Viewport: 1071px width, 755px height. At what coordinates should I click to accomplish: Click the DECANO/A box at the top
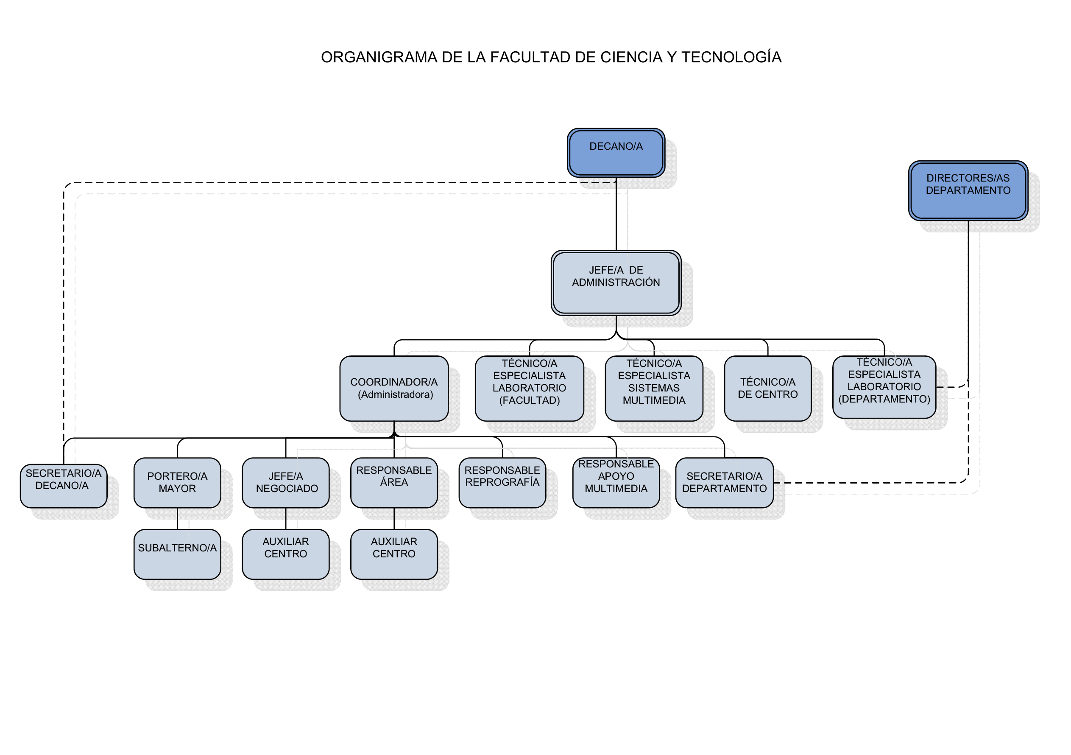[616, 153]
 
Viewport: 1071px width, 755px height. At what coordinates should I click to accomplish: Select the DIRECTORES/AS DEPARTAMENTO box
[968, 190]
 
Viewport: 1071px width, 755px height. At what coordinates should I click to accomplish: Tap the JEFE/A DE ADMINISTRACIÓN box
[616, 283]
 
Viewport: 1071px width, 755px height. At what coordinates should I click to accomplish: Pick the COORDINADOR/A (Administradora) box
[394, 388]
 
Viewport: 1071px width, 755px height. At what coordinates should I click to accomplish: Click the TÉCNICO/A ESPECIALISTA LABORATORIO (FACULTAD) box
[529, 388]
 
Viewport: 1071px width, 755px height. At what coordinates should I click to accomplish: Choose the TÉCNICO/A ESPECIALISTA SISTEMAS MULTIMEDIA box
[653, 388]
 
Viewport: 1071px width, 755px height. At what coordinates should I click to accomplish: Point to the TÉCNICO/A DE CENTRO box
[767, 388]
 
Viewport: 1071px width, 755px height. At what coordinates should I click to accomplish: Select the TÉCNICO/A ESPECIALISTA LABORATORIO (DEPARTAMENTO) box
[884, 387]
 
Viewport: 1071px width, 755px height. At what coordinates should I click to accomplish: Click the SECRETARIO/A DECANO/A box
[64, 485]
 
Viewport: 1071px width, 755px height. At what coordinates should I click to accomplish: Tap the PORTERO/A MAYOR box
[177, 483]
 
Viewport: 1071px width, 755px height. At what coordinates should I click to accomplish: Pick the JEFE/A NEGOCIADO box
[285, 483]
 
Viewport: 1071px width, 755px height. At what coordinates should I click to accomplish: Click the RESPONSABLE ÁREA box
[394, 483]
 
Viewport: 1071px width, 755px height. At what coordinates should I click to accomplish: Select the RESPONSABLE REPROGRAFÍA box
[502, 483]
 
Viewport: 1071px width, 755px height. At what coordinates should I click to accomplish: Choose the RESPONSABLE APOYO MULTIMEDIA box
[616, 483]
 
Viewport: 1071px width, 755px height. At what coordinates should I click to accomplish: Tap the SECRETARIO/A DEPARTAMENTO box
[724, 483]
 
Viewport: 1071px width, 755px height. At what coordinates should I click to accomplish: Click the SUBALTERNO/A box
[177, 554]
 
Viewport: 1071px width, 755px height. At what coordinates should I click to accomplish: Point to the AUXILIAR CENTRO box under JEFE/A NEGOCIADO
[285, 554]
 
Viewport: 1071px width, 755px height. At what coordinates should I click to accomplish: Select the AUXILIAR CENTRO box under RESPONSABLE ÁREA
[394, 554]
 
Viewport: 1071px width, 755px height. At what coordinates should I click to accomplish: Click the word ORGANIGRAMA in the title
[379, 57]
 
